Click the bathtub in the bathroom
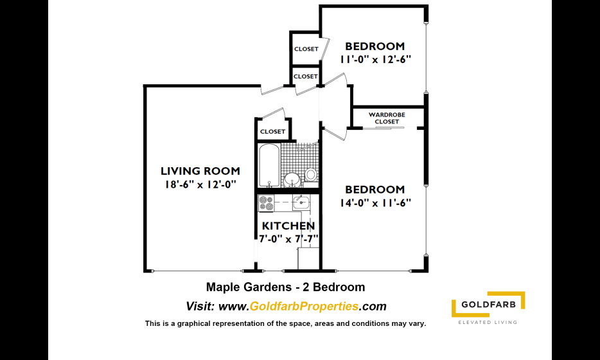point(269,165)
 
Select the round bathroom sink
point(293,179)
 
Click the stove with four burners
point(267,203)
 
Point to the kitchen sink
point(301,202)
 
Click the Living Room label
point(200,171)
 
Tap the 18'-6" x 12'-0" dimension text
point(200,184)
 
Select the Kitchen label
point(288,226)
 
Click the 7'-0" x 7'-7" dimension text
point(288,239)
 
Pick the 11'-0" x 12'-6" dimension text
point(375,59)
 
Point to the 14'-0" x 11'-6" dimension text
point(375,203)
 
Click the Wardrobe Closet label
point(387,118)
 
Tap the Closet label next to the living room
point(272,131)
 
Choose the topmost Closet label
point(306,49)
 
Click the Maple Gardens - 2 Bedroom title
point(285,287)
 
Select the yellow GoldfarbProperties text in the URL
point(304,306)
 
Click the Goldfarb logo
point(488,305)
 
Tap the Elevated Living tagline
point(488,322)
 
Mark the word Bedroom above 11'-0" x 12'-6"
point(375,46)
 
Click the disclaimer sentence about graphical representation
point(285,323)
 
